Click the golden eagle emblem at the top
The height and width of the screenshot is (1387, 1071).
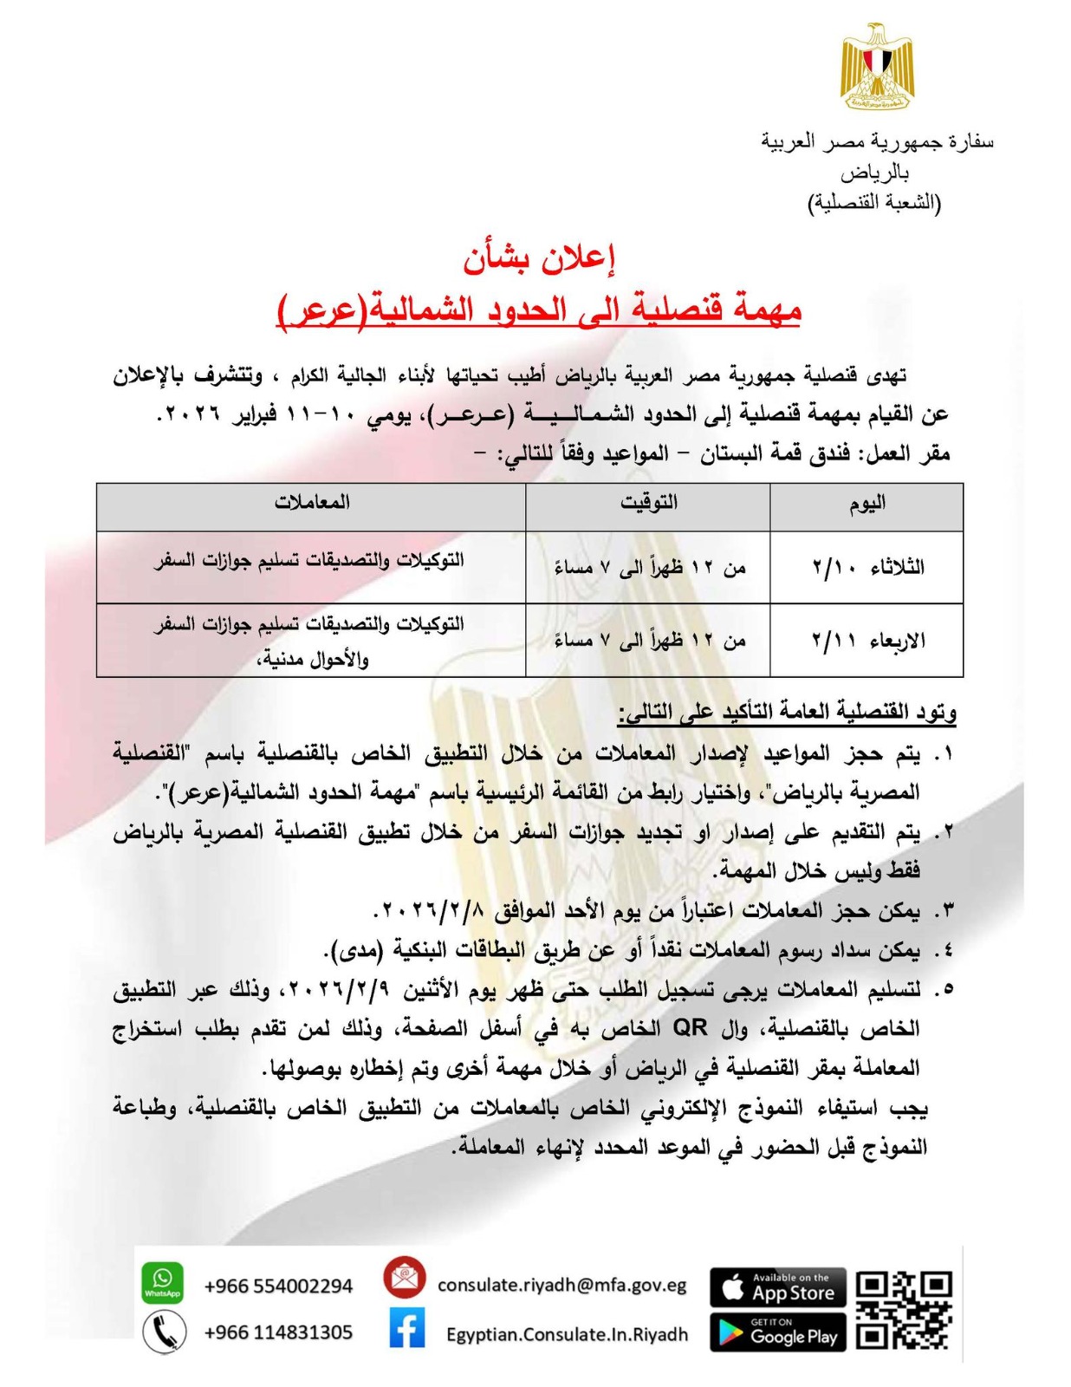point(876,67)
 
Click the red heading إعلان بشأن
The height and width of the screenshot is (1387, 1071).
point(538,259)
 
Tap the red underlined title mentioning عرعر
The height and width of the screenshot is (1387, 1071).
point(538,309)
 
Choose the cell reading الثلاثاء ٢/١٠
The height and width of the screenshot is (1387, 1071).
point(867,567)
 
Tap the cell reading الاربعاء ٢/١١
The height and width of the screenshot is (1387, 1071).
point(867,640)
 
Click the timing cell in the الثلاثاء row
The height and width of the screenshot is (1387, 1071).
point(647,567)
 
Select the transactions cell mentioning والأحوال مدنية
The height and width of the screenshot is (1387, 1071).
point(311,640)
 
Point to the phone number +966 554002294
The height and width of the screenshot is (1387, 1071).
point(278,1286)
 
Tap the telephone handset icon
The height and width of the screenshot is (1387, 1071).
point(164,1332)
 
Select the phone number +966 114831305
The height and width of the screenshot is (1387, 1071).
point(278,1332)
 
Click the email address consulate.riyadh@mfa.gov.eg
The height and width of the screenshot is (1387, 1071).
point(561,1285)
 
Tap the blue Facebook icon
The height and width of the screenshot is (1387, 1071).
point(406,1328)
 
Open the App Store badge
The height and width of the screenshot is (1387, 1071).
point(777,1287)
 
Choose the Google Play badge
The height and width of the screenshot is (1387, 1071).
point(777,1332)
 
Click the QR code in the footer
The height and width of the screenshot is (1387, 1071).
point(904,1310)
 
